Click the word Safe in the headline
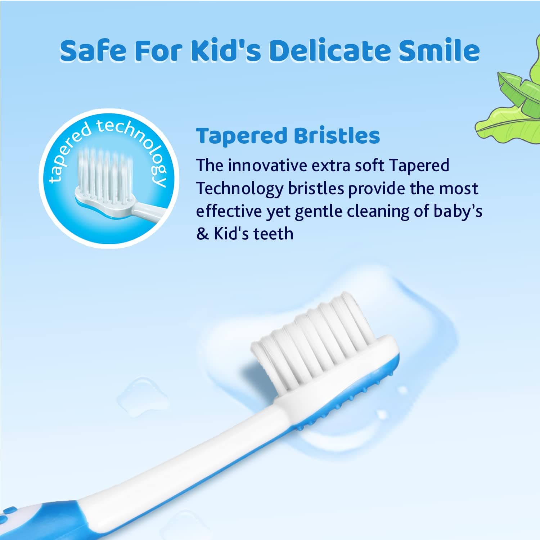pos(93,50)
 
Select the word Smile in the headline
pos(439,50)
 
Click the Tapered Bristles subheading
pos(288,136)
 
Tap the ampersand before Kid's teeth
pos(202,234)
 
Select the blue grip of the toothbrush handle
pos(54,518)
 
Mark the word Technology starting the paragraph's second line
pos(239,189)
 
